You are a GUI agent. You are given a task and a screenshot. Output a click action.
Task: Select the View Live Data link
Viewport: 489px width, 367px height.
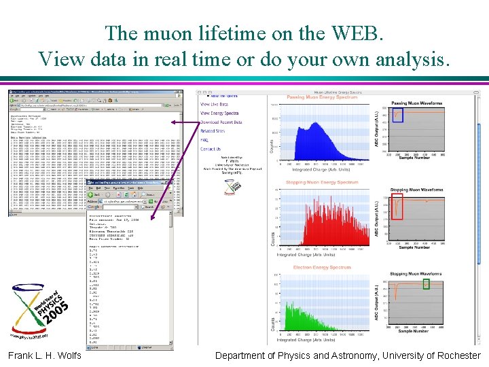[214, 104]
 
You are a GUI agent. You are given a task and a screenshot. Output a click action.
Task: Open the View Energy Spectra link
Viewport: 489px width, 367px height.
[219, 113]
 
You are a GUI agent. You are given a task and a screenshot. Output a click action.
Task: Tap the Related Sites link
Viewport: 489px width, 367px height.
[212, 131]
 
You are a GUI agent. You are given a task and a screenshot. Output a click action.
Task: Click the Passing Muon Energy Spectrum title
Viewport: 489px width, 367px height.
[322, 98]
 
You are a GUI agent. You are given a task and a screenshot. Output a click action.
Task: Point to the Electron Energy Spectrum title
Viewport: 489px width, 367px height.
[321, 267]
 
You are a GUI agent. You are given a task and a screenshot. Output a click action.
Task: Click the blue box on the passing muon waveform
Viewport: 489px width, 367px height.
[398, 115]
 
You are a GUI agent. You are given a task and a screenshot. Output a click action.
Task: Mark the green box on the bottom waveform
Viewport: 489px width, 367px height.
[426, 283]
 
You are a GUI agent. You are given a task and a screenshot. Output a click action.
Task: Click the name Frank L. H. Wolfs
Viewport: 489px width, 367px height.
[44, 355]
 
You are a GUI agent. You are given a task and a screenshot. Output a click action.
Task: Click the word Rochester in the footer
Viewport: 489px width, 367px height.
[455, 355]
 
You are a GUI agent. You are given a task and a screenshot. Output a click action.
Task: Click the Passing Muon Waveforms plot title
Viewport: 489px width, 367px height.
[416, 104]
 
